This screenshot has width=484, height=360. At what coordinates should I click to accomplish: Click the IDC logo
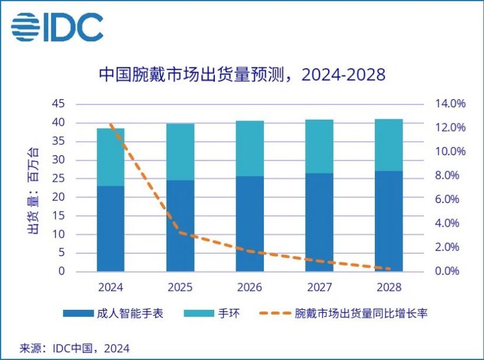pyautogui.click(x=57, y=27)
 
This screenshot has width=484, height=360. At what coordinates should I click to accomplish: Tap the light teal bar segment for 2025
pyautogui.click(x=180, y=152)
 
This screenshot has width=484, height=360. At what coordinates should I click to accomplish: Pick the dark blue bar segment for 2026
pyautogui.click(x=250, y=224)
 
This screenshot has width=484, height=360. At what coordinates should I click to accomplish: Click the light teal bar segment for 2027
pyautogui.click(x=319, y=146)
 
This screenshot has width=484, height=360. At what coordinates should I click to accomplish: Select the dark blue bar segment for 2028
pyautogui.click(x=388, y=221)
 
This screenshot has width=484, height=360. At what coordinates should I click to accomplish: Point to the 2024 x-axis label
pyautogui.click(x=111, y=287)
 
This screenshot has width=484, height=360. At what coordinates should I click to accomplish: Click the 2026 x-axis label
pyautogui.click(x=250, y=287)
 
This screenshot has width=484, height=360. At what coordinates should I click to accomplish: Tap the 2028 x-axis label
pyautogui.click(x=388, y=287)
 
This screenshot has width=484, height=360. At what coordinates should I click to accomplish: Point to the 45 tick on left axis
pyautogui.click(x=58, y=104)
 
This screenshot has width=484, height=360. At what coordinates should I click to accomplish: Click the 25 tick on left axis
pyautogui.click(x=58, y=179)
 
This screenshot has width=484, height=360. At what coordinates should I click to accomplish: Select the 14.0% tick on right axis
pyautogui.click(x=451, y=104)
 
